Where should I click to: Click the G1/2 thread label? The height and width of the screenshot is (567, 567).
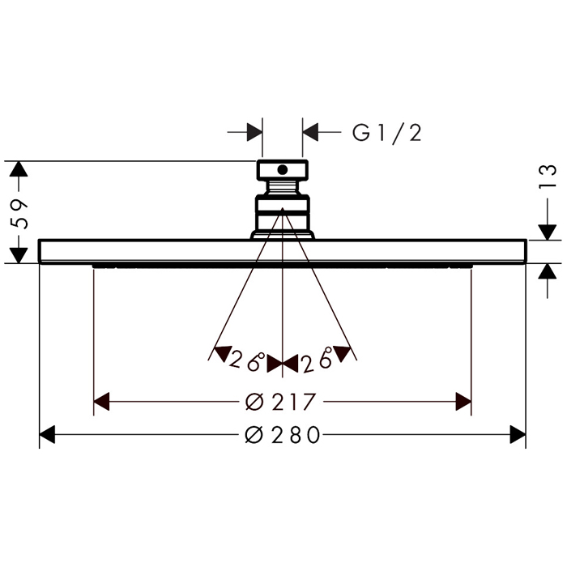[x=387, y=133]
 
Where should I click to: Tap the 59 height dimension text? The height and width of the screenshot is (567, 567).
[x=18, y=213]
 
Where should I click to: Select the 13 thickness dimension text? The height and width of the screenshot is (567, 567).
[x=548, y=176]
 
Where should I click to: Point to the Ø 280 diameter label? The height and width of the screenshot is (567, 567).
[x=283, y=434]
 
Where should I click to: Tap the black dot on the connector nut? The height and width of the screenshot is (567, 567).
[x=283, y=169]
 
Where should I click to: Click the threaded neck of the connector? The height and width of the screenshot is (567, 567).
[x=283, y=187]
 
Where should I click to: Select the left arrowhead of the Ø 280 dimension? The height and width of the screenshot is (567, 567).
[x=47, y=434]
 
